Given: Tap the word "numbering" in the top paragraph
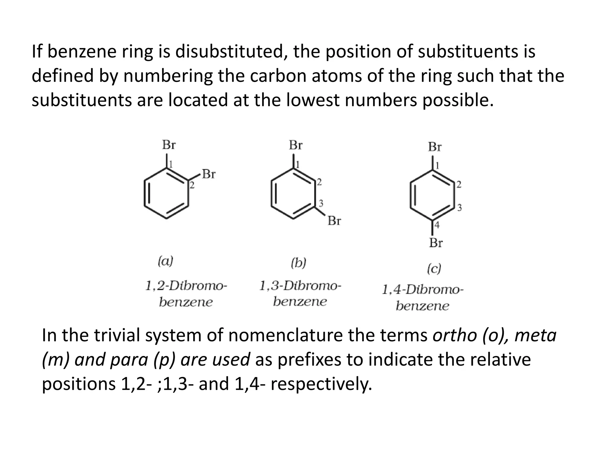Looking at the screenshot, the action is pos(168,76).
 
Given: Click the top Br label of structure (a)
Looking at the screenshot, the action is pos(169,145).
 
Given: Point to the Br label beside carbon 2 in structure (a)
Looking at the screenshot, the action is pos(209,174).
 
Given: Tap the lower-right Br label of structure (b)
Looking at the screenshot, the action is pos(334,221).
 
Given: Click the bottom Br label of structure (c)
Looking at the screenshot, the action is pos(436,243).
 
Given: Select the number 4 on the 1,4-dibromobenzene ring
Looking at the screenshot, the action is pos(436,225).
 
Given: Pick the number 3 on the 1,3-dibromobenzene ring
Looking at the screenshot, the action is pos(321,204).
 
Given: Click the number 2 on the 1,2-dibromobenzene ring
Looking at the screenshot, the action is pos(192,186).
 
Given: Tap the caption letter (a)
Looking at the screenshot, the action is pos(165,261).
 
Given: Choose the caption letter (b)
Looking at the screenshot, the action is pos(298,263).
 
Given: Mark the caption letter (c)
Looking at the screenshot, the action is pos(434,269).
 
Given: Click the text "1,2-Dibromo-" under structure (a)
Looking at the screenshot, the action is pos(186,286).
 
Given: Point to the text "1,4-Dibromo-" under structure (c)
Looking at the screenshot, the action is pos(422,289).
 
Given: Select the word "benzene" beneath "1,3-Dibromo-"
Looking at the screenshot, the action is pos(300,302).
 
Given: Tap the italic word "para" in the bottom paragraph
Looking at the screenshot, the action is pos(129,360).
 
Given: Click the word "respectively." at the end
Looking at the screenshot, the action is pos(321,384).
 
